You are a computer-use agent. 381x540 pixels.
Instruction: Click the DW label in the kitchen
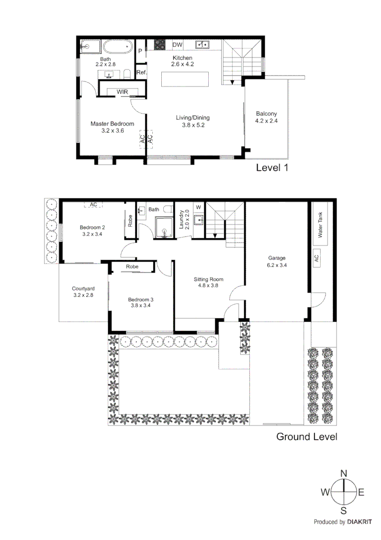coord(177,45)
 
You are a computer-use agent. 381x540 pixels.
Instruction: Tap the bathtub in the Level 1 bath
coord(116,47)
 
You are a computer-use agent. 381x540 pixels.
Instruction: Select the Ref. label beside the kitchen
coord(141,73)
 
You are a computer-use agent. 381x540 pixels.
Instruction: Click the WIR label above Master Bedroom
coord(122,92)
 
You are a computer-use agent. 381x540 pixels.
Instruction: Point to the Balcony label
coord(266,113)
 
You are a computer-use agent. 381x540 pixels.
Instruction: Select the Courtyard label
coord(83,288)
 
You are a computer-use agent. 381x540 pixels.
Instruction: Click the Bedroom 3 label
coord(141,299)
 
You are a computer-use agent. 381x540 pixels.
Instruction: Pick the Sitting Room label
coord(208,279)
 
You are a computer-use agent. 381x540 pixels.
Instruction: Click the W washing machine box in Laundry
coord(198,206)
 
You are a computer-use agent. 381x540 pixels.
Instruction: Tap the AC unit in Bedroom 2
coord(93,204)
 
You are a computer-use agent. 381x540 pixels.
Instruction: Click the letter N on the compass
coord(344,473)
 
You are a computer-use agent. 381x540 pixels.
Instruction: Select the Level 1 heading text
coord(272,168)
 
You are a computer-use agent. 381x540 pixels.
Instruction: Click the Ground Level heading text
coord(307,436)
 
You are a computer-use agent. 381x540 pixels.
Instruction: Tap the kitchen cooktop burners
coord(160,44)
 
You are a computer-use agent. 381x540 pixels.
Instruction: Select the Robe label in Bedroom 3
coord(132,267)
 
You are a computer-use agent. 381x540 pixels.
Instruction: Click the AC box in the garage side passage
coord(316,258)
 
